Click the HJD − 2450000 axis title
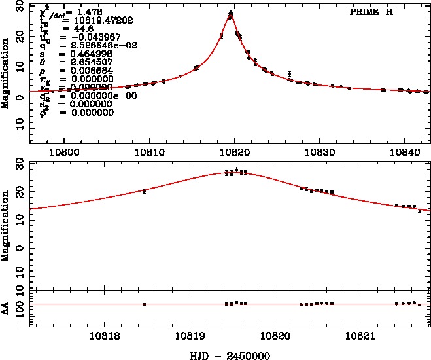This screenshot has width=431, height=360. click(x=224, y=355)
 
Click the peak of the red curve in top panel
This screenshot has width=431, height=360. click(x=231, y=13)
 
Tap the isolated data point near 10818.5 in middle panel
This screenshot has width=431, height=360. click(x=144, y=190)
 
